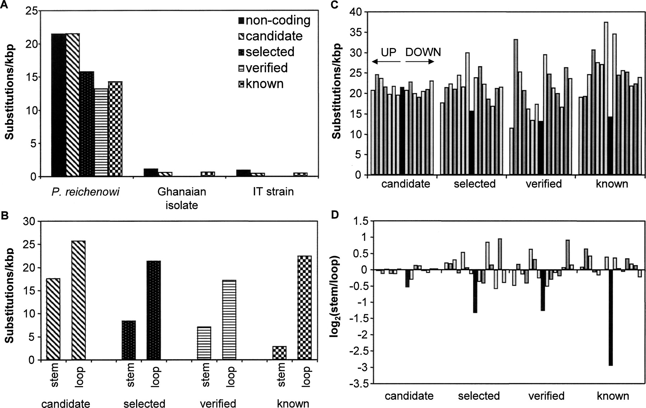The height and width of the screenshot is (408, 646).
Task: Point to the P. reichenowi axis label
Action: [x=85, y=192]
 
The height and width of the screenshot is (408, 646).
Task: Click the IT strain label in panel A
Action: [x=273, y=192]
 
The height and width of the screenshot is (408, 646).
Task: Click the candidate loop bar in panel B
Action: [x=79, y=300]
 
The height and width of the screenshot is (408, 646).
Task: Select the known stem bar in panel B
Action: [x=280, y=353]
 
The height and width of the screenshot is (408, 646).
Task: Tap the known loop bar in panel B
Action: [x=305, y=308]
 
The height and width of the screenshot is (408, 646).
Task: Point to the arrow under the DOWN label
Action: [x=420, y=62]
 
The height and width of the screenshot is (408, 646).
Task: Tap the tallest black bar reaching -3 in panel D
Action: [x=610, y=318]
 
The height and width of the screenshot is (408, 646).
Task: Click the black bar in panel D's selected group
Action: [x=475, y=291]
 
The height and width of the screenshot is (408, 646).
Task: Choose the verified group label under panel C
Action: [x=543, y=184]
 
